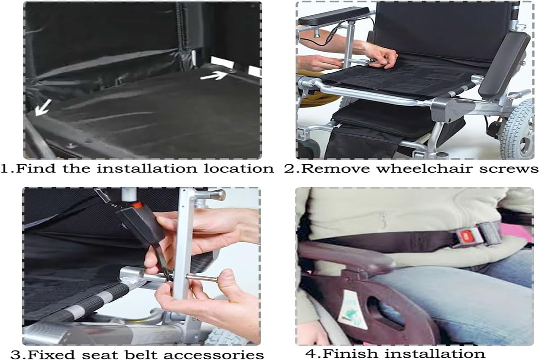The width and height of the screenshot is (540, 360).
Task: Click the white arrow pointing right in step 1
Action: tap(214, 76)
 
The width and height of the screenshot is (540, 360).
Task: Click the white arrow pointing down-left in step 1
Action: tap(43, 108)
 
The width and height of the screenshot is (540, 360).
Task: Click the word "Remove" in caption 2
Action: tap(336, 169)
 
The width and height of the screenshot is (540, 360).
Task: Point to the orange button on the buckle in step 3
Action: tap(137, 206)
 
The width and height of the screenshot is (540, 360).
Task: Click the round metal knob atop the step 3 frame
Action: tap(218, 195)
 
